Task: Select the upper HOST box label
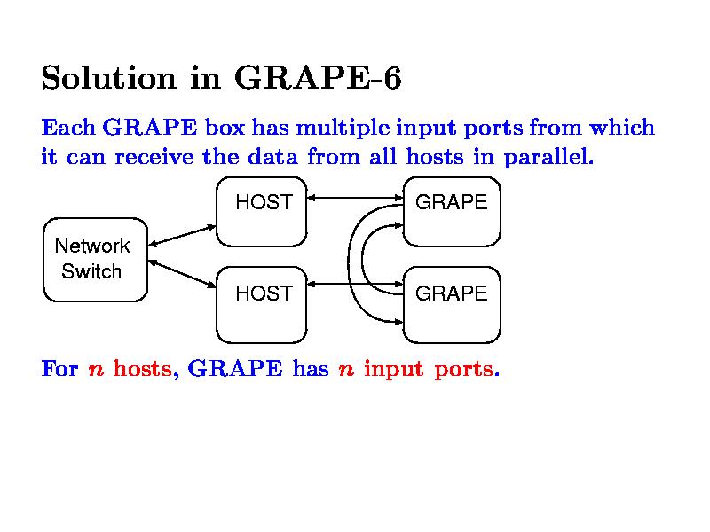pos(264,202)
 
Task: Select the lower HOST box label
pos(264,293)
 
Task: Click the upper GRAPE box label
pos(451,202)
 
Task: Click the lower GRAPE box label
pos(451,293)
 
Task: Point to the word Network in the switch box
pos(92,246)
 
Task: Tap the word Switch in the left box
pos(91,271)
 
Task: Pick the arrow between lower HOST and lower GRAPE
pos(355,285)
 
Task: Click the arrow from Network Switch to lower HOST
pos(183,273)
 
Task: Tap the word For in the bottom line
pos(60,368)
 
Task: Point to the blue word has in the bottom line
pos(310,368)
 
